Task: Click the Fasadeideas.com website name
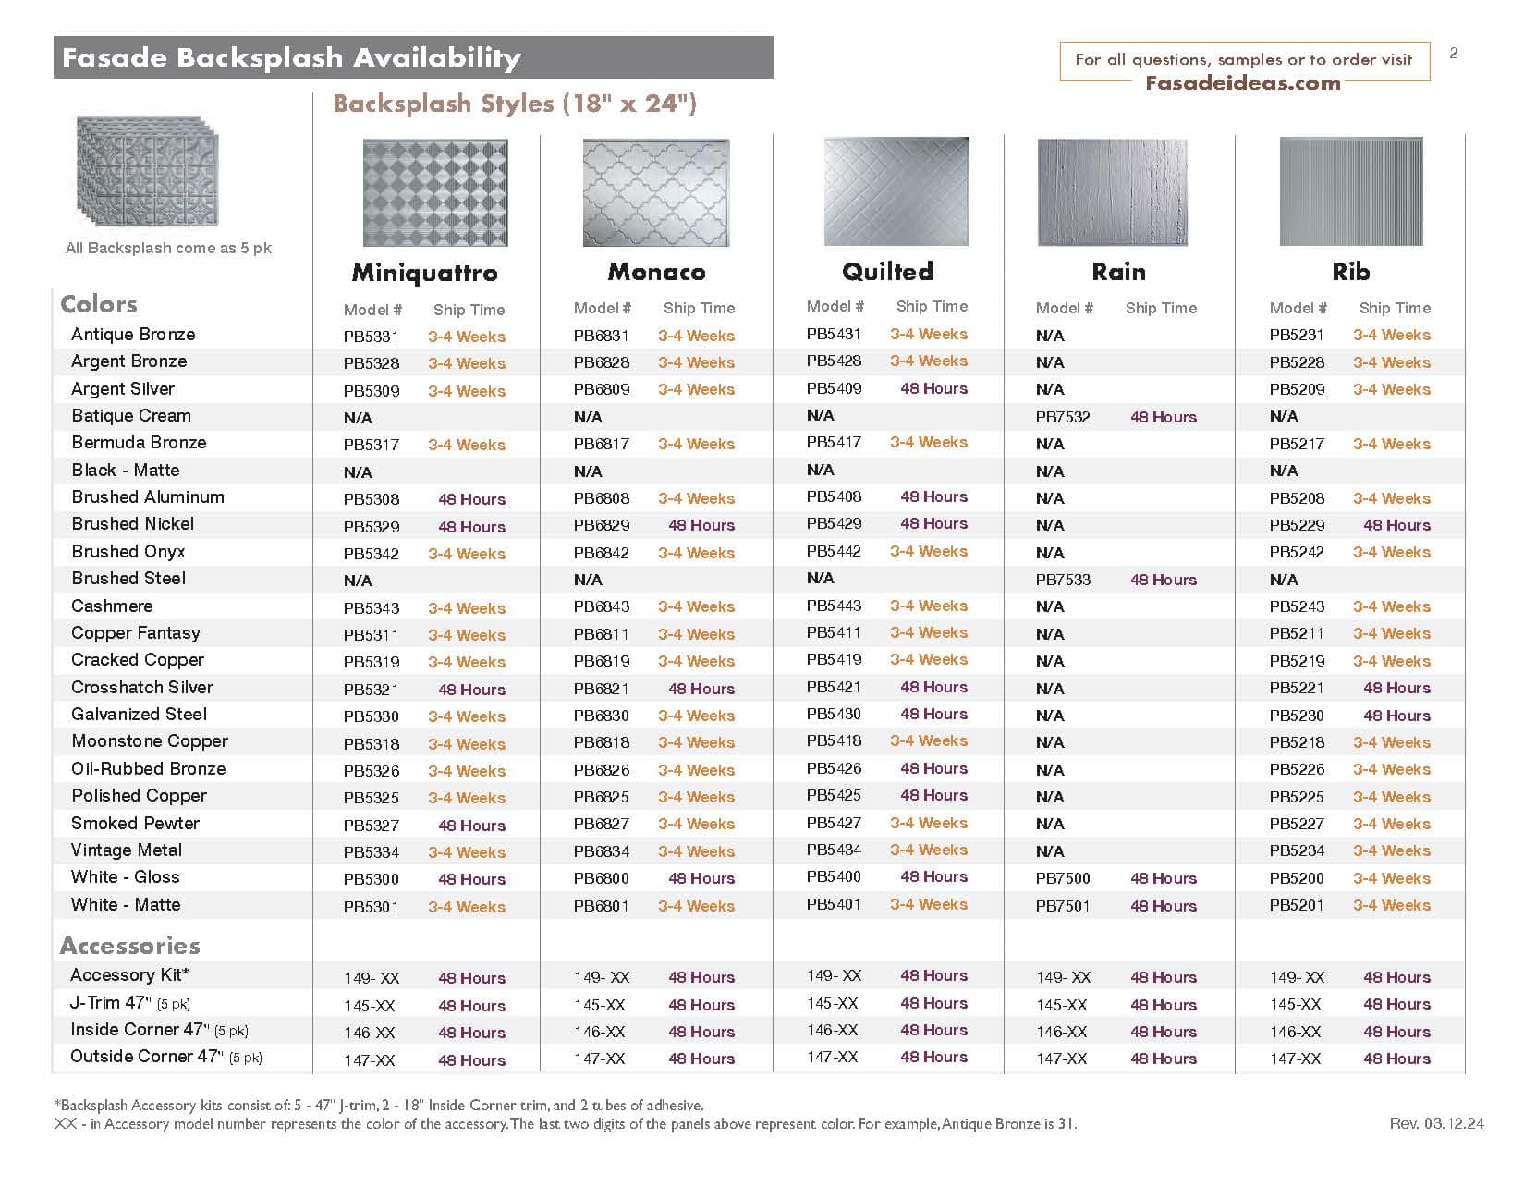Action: (1242, 83)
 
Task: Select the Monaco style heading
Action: (656, 272)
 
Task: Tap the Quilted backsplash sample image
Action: (896, 191)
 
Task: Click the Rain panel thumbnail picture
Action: (1112, 192)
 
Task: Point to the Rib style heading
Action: (1350, 272)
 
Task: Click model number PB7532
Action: (1063, 417)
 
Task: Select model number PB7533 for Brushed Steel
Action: (1063, 580)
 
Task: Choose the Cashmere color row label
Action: (112, 606)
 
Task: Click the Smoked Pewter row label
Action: (135, 823)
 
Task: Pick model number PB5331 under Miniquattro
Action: (372, 337)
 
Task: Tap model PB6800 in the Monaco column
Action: (601, 878)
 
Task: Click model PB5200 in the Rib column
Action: (1297, 878)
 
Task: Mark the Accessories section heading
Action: (129, 946)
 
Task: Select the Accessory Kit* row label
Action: (129, 975)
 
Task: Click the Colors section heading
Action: (98, 304)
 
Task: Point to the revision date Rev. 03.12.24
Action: (1436, 1123)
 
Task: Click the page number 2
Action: (1454, 54)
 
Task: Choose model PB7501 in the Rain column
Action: (1063, 906)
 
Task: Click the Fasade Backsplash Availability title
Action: (291, 58)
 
